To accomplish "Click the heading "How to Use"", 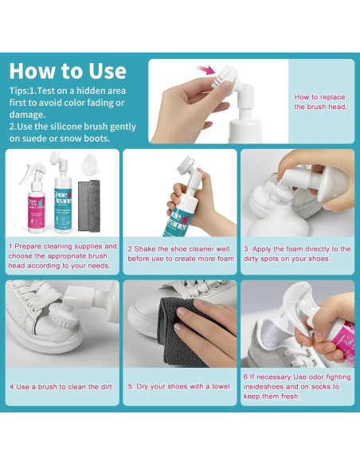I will (68, 70).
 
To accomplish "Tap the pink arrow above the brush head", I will (206, 71).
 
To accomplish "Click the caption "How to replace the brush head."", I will (320, 102).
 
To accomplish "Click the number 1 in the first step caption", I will (10, 247).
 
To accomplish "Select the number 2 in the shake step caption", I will (130, 248).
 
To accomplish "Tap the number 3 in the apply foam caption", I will (246, 249).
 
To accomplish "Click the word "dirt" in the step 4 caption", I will (100, 387).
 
